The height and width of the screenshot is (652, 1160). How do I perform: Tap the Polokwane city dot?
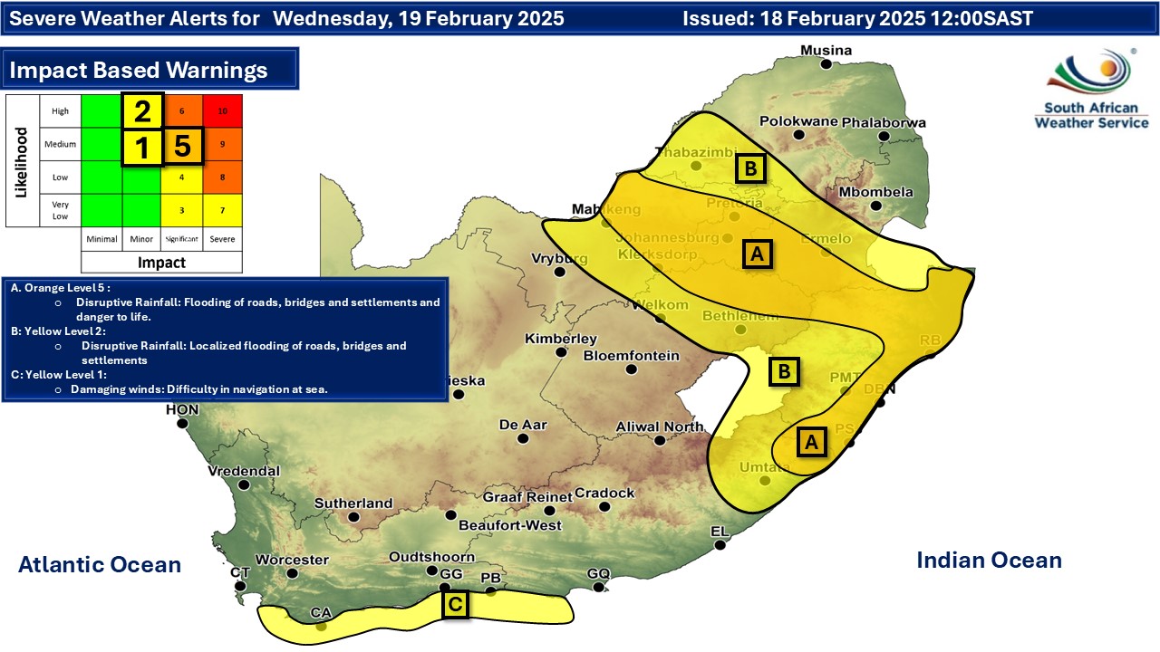tap(799, 135)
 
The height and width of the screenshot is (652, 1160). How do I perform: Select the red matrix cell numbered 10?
tap(222, 110)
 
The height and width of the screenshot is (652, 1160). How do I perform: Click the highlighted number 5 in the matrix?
tap(182, 145)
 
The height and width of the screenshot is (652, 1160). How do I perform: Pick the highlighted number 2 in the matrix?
tap(142, 111)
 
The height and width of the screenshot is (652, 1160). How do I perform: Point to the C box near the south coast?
tap(455, 604)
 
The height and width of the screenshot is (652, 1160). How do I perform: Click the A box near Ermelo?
tap(757, 254)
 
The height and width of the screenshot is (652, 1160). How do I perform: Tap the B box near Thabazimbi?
tap(751, 168)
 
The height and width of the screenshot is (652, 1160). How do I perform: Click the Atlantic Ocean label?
tap(100, 565)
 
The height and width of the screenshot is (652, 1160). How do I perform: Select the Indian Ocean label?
tap(989, 560)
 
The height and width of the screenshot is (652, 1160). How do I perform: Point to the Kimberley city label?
tap(561, 339)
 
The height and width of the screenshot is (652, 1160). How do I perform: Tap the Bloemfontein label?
tap(631, 356)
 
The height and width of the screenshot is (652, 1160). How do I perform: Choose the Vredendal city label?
tap(243, 471)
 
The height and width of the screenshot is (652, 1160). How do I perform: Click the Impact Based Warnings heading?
tap(138, 70)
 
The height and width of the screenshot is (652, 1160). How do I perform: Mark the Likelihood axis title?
tap(22, 161)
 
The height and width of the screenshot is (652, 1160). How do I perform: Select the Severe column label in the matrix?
tap(222, 239)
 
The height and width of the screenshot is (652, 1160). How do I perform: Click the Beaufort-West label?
tap(509, 525)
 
